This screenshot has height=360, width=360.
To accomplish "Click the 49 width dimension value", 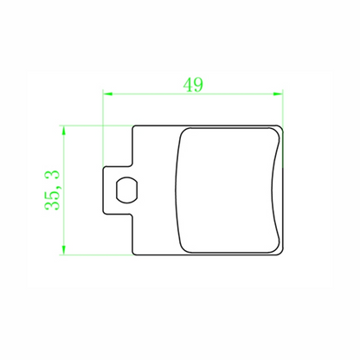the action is point(193,85).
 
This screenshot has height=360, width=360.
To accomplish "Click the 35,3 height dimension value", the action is point(52,190).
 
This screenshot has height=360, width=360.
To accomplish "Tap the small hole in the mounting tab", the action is point(127,190).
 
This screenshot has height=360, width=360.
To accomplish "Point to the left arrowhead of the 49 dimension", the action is point(107,93).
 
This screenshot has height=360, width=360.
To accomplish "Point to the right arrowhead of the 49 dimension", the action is point(278,93).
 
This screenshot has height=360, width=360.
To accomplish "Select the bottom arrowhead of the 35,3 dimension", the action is point(64,250).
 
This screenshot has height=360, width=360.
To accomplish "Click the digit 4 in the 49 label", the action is point(188,85).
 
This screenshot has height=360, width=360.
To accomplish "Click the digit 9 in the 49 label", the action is point(198,85).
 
